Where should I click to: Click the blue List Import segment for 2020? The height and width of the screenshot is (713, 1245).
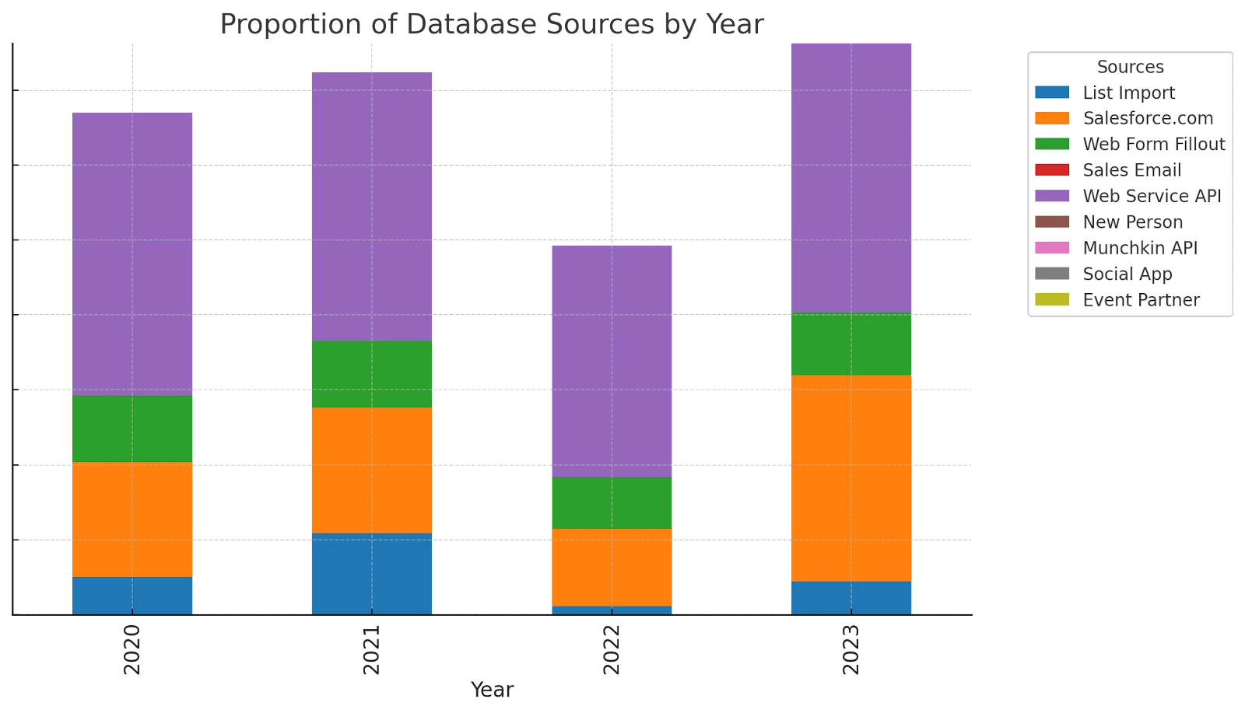(x=132, y=595)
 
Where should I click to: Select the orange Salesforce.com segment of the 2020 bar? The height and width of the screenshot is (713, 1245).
(x=132, y=519)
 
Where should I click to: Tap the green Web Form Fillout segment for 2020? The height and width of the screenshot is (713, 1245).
(x=132, y=429)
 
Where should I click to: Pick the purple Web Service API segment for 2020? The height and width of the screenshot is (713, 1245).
(x=132, y=254)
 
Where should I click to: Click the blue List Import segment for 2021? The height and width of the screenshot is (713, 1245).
(x=372, y=573)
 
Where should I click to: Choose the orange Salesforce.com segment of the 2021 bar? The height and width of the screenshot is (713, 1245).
(x=372, y=470)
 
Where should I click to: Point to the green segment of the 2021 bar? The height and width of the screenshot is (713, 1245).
(x=372, y=374)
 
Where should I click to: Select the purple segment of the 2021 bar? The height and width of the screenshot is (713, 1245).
(x=372, y=205)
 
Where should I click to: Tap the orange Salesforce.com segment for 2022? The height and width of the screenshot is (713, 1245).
(x=612, y=568)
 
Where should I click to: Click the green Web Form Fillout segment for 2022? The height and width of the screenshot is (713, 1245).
(x=612, y=503)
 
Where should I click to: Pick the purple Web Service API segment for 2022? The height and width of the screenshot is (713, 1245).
(x=612, y=361)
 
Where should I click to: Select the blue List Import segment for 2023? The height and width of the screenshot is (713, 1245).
(x=851, y=597)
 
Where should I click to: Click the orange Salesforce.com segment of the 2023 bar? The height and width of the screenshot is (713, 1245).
(x=851, y=478)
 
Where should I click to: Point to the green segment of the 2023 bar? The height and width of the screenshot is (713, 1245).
(x=851, y=344)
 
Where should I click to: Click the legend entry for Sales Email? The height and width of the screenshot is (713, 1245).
(x=1131, y=170)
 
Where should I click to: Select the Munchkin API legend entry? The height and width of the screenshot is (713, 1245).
(x=1139, y=248)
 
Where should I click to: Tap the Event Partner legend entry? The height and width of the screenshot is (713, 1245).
(x=1141, y=300)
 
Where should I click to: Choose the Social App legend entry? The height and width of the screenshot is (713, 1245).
(x=1127, y=274)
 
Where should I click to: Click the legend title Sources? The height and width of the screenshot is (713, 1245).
(x=1130, y=67)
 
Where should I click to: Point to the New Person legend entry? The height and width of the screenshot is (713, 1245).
(x=1132, y=222)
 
